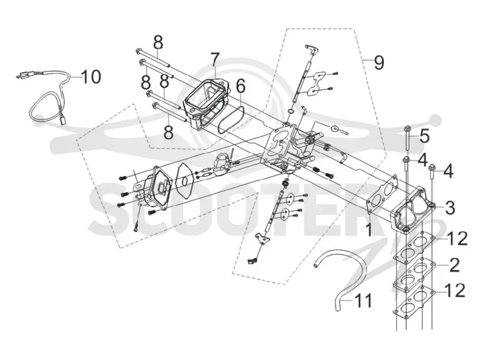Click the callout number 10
point(91,77)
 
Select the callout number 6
point(241,86)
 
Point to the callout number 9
point(379,62)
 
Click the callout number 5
point(424,136)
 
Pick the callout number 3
point(449,207)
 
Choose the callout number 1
point(370,229)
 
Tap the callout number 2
point(454,265)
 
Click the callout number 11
point(364,301)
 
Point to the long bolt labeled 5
point(407,137)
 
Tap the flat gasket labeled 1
point(383,195)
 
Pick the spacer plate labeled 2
point(414,275)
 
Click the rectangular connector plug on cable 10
point(64,120)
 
